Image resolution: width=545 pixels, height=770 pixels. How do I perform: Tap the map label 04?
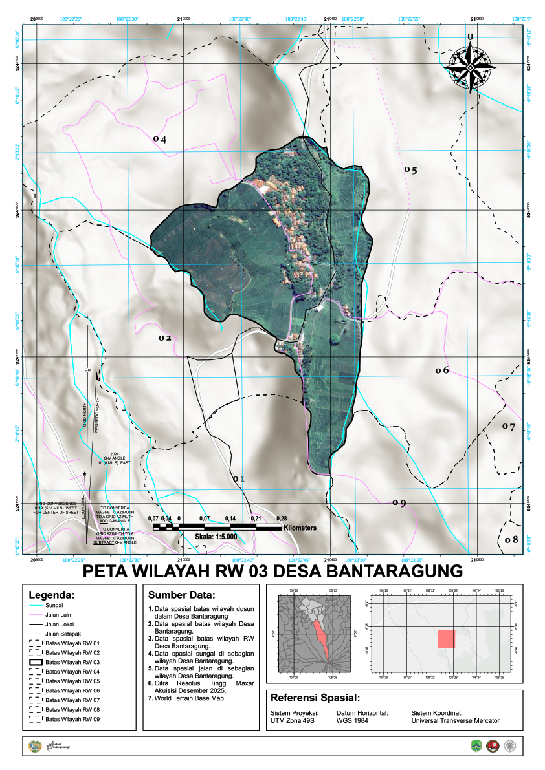(160, 139)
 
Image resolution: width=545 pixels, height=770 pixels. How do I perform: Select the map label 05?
(410, 170)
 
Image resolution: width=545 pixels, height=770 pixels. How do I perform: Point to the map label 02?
(165, 338)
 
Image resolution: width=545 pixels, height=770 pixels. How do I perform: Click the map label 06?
(442, 370)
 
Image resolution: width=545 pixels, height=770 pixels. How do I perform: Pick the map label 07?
(509, 427)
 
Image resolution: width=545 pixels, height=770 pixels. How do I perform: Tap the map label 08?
(511, 540)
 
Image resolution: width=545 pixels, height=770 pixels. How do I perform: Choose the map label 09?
(399, 503)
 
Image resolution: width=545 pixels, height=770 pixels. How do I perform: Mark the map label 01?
(239, 479)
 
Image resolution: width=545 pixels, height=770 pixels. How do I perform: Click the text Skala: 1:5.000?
(216, 537)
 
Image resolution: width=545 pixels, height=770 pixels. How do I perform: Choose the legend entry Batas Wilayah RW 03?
(72, 663)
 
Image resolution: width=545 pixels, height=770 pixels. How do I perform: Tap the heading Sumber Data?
(181, 595)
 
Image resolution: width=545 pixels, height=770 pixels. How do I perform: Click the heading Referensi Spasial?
(315, 698)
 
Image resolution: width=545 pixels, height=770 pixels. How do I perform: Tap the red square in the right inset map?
(447, 639)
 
